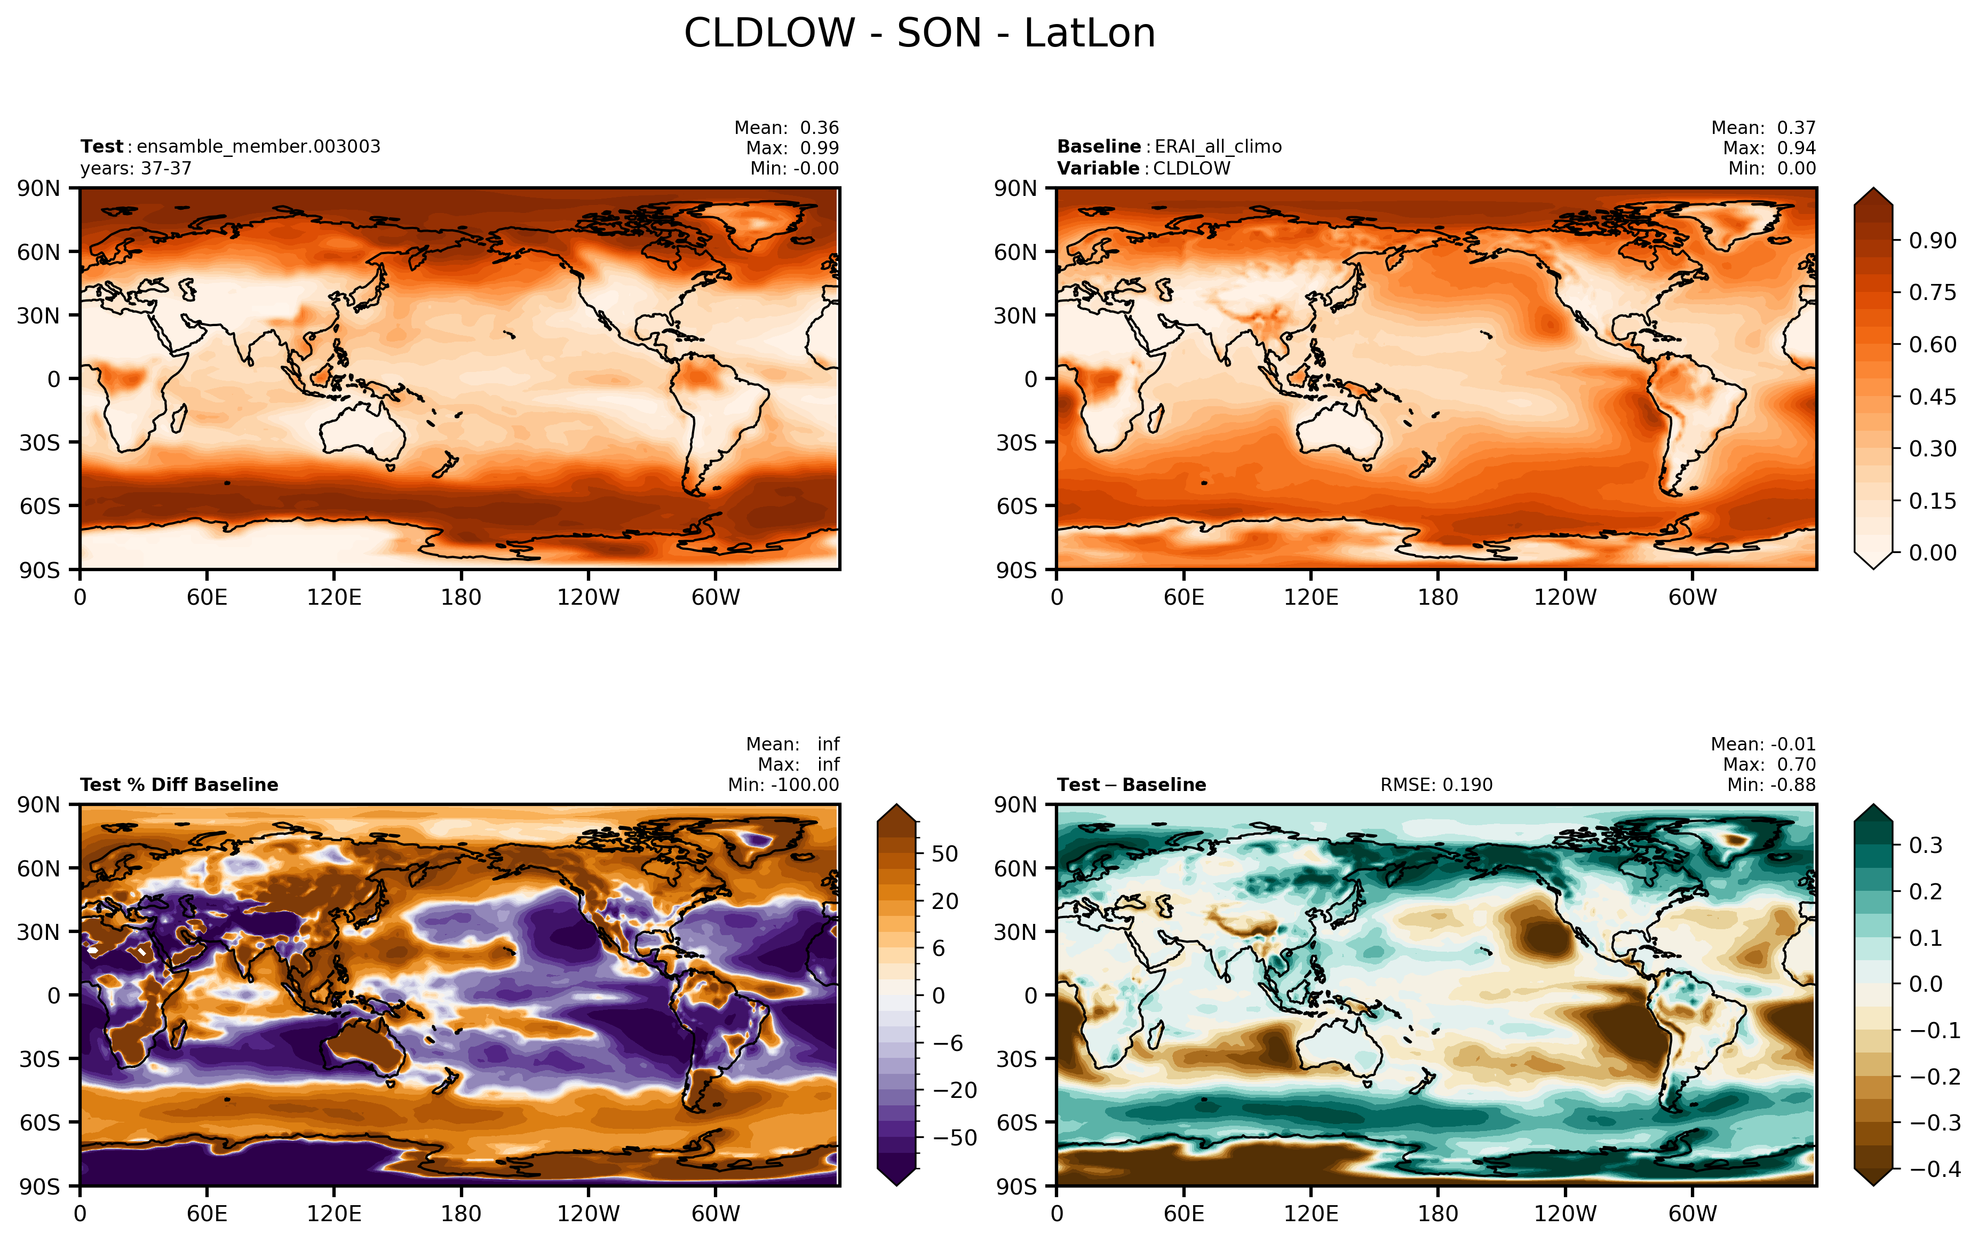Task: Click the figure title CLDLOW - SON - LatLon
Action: tap(919, 34)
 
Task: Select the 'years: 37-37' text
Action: tap(136, 168)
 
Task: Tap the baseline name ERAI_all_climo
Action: tap(1218, 147)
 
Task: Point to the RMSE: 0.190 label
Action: tap(1436, 785)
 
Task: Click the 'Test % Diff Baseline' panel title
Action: tap(179, 785)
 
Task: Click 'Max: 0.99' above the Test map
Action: tap(792, 148)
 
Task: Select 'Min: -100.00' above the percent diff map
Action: tap(783, 785)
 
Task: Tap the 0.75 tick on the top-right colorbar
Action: tap(1932, 293)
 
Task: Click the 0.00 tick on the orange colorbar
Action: tap(1932, 553)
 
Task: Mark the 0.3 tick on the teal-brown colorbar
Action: tap(1926, 845)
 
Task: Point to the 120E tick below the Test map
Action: tap(334, 597)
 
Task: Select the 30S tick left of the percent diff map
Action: tap(40, 1059)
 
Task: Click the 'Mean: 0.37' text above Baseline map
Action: tap(1763, 128)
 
